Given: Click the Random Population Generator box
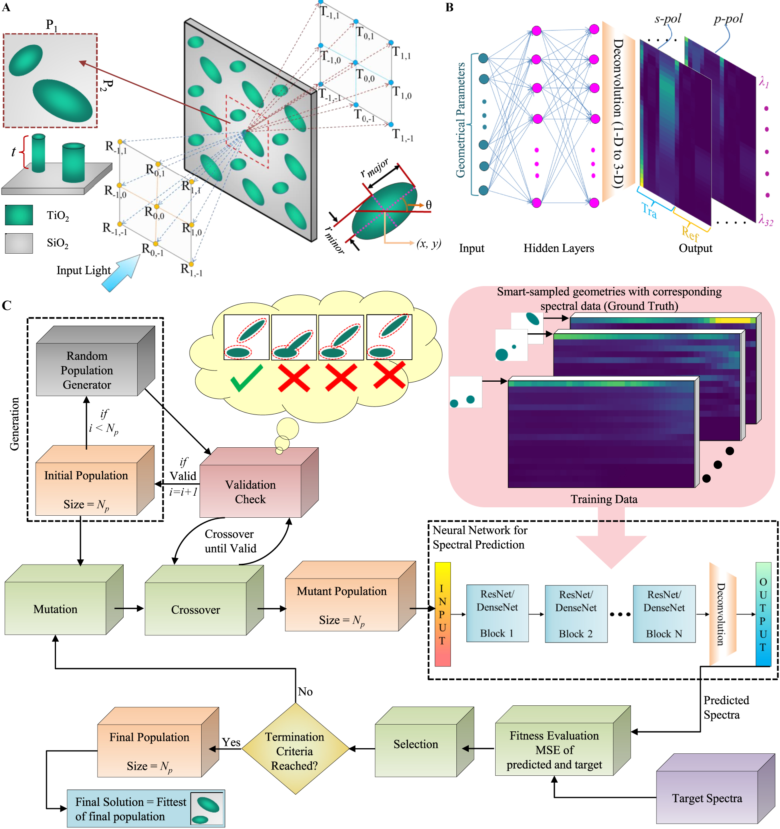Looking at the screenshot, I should (87, 369).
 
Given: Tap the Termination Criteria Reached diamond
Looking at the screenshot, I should (295, 751).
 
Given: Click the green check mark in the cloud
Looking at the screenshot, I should (246, 378).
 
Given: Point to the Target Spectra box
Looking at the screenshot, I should (707, 798).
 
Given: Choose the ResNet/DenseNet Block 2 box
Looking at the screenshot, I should (576, 613).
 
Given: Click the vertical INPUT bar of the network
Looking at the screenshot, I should (442, 614).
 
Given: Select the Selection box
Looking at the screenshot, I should (416, 744).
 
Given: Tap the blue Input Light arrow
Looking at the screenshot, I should (121, 274).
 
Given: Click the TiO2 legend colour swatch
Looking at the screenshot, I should (19, 215).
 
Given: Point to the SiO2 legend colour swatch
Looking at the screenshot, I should (19, 243).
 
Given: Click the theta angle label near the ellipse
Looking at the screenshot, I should (428, 205).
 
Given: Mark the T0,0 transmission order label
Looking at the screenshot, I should (365, 76).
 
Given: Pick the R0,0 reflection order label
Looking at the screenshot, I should (154, 213).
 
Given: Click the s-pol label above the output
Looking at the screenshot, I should (668, 19).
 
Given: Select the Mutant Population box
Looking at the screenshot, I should (342, 605).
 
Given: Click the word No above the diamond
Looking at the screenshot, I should (305, 692).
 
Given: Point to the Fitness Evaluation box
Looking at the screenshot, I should (554, 749).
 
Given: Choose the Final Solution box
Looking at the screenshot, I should (130, 809).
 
